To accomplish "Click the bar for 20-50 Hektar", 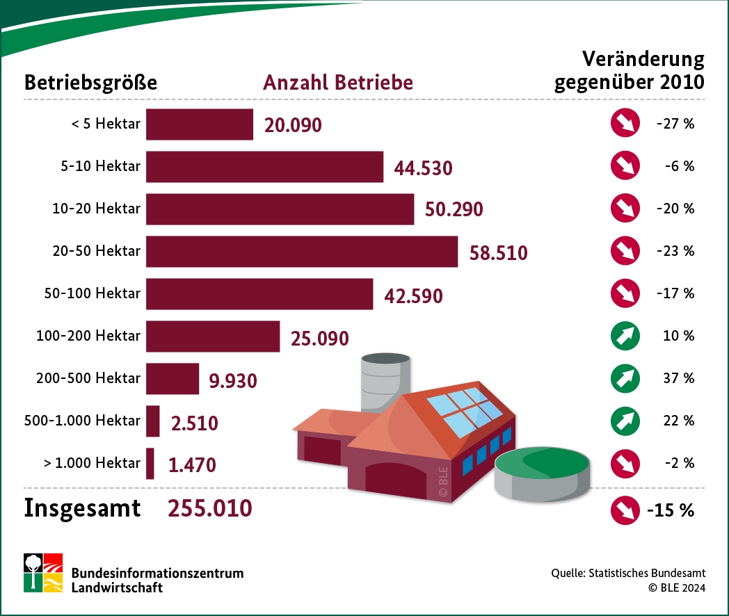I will pos(302,251).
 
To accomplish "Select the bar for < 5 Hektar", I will pos(200,124).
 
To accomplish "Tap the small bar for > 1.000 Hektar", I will pos(150,463).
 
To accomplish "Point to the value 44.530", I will pos(423,169).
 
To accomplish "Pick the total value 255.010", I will pos(209,508).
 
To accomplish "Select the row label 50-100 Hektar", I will pos(93,293).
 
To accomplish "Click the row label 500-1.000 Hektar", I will pos(82,421).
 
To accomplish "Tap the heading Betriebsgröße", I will pos(90,83).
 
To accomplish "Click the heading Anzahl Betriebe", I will pos(337,83).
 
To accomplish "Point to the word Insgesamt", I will pos(82,508).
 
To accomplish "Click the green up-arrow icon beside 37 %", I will pos(624,378).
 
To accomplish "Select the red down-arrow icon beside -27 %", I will pos(624,124).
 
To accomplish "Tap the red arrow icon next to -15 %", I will pos(624,510).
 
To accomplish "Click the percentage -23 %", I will pos(675,251).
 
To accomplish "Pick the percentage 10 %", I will pos(679,336).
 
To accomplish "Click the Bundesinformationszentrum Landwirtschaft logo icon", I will pos(43,573).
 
